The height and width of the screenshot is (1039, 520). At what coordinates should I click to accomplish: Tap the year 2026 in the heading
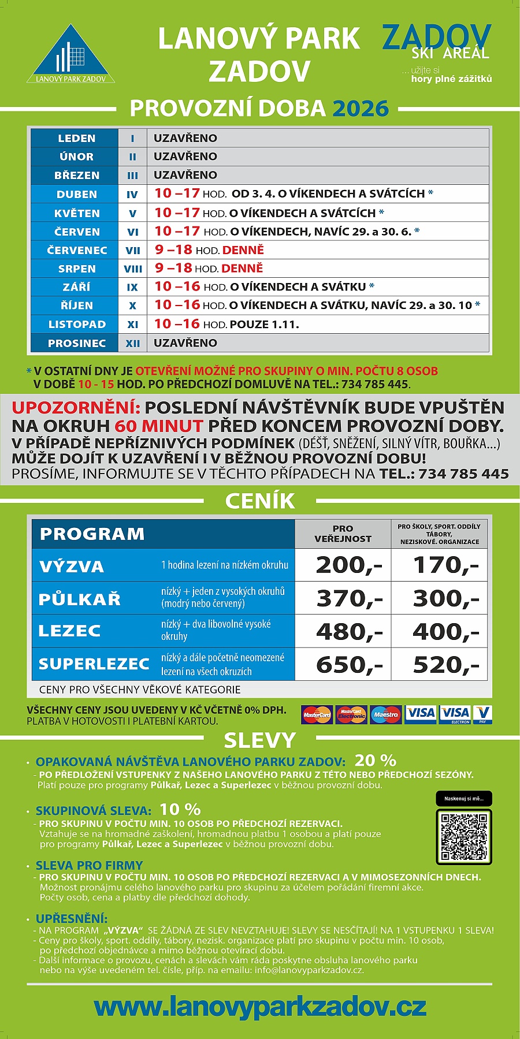pyautogui.click(x=360, y=109)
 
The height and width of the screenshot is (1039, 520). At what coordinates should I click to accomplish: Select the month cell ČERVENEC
pyautogui.click(x=77, y=250)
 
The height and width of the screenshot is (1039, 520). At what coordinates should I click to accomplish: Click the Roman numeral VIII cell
pyautogui.click(x=133, y=269)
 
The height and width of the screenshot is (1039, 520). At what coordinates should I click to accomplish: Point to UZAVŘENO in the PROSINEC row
pyautogui.click(x=185, y=342)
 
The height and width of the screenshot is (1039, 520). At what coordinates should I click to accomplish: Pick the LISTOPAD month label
pyautogui.click(x=77, y=325)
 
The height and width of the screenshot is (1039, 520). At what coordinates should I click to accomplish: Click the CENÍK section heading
pyautogui.click(x=260, y=501)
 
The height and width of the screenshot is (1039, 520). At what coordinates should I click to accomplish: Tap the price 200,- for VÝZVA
pyautogui.click(x=348, y=565)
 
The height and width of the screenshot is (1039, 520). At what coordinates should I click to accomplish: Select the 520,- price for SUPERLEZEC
pyautogui.click(x=445, y=665)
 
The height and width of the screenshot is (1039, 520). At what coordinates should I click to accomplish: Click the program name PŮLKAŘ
pyautogui.click(x=80, y=599)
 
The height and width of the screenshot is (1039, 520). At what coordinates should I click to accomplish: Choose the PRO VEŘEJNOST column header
pyautogui.click(x=343, y=534)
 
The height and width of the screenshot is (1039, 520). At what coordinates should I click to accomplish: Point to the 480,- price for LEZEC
pyautogui.click(x=348, y=632)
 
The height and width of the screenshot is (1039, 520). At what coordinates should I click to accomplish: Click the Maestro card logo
pyautogui.click(x=385, y=714)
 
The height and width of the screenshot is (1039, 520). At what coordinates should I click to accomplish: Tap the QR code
pyautogui.click(x=463, y=836)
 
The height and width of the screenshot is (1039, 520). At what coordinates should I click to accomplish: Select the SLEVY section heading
pyautogui.click(x=260, y=740)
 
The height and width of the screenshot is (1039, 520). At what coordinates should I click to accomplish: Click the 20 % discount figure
pyautogui.click(x=375, y=760)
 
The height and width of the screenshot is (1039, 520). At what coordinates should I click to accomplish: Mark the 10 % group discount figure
pyautogui.click(x=180, y=809)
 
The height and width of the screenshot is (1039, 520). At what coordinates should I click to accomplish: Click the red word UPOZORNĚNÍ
pyautogui.click(x=76, y=408)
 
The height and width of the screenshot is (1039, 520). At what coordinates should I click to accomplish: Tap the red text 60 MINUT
pyautogui.click(x=159, y=426)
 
